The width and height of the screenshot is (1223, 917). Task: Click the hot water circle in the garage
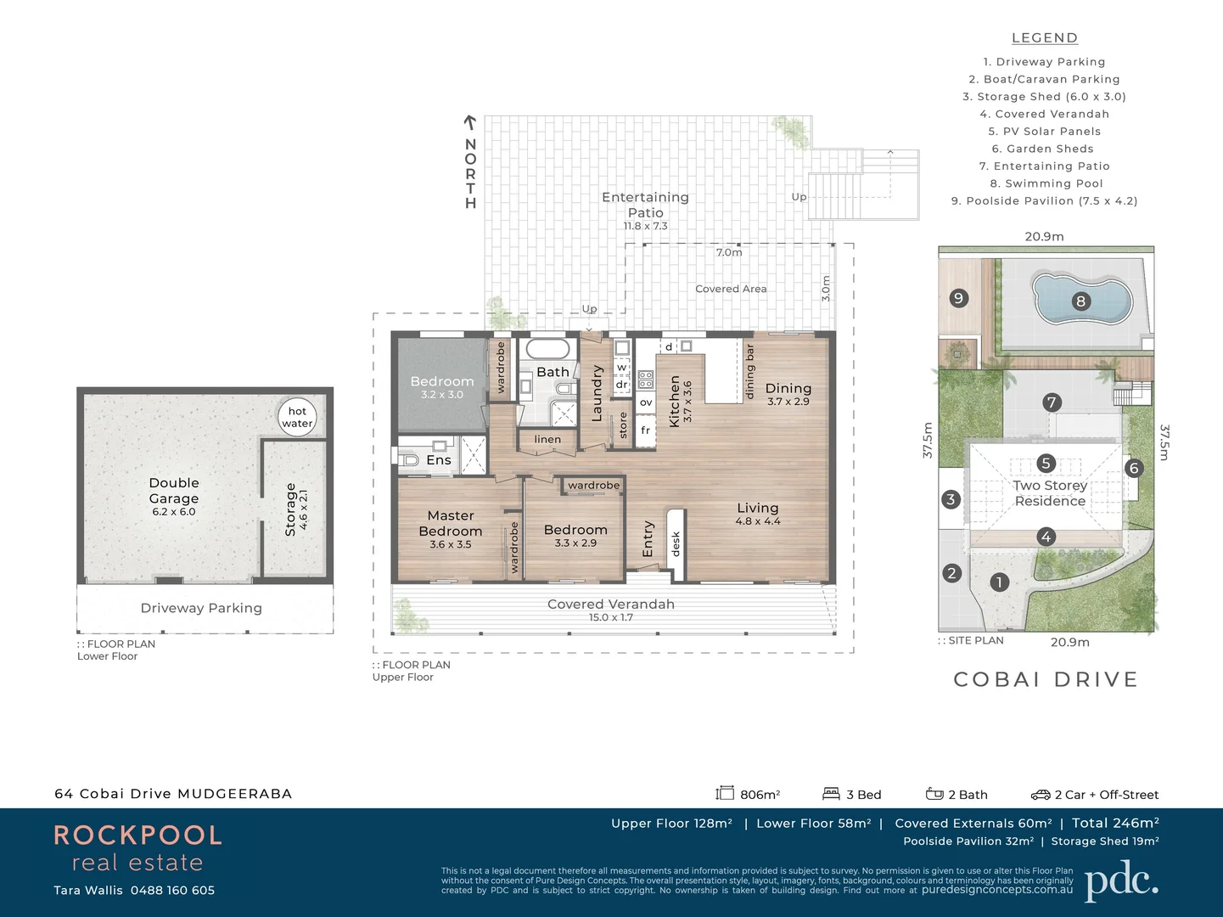coord(297,418)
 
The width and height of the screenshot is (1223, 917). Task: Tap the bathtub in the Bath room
coord(547,349)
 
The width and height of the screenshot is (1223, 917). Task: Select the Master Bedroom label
coord(450,523)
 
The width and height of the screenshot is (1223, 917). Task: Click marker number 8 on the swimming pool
coord(1080,301)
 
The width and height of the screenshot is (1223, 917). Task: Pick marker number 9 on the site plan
coord(958,298)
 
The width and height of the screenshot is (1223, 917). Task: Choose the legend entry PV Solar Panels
coord(1044,132)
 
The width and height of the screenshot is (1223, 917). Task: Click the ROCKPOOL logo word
coord(137,835)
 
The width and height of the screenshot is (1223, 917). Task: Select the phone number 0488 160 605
coord(172,890)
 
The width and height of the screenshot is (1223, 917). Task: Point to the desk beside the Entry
coord(676,543)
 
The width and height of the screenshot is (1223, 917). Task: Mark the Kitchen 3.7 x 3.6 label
coord(680,402)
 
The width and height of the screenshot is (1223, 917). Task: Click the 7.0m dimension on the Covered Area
coord(729,252)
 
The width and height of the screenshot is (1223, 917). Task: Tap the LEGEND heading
coord(1044,38)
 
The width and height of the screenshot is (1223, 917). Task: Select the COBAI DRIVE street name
coord(1046,679)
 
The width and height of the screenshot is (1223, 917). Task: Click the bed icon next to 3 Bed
coord(831,794)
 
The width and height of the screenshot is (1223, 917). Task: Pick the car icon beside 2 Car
coord(1041,795)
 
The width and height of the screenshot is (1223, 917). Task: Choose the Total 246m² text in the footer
coord(1115,823)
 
